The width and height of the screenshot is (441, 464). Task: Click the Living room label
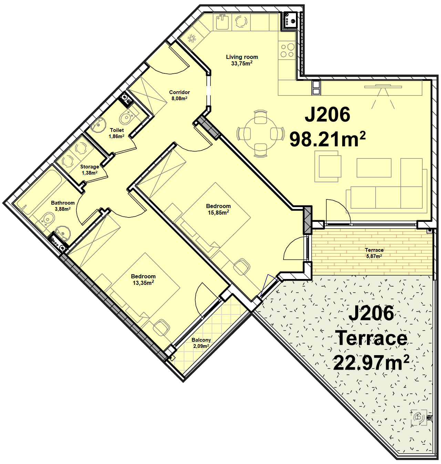pos(242,57)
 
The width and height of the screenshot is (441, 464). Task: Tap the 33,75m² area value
pos(242,63)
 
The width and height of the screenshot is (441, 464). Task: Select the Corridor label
pos(180,92)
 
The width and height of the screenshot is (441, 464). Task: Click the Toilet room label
pos(117,130)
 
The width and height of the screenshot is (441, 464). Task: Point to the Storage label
pos(90,167)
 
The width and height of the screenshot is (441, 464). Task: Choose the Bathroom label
pos(63,203)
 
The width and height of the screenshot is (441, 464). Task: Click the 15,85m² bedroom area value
pos(218,213)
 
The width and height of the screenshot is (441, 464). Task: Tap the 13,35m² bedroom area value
pos(143,282)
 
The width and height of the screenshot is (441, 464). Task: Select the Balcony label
pos(201,340)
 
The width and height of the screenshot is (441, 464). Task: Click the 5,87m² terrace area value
pos(374,256)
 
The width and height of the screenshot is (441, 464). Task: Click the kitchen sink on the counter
pos(222,21)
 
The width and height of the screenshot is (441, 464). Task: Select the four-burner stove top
pos(287,51)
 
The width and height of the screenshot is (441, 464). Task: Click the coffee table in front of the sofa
pos(374,168)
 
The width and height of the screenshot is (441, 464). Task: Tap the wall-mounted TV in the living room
pos(383,87)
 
